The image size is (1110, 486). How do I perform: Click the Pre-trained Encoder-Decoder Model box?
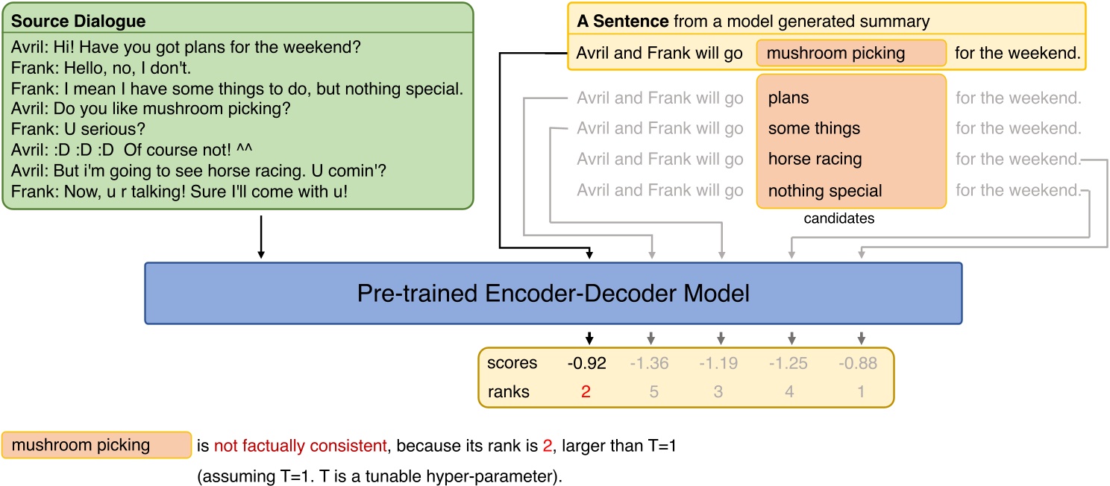coord(553,293)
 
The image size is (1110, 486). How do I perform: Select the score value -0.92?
coord(586,364)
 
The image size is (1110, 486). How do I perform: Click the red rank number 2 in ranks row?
coord(586,391)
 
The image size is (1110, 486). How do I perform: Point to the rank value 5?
coord(653,391)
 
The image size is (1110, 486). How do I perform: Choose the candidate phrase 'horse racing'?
coord(815,160)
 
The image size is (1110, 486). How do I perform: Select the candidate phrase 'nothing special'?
coord(824,191)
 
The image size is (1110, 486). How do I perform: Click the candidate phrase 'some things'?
coord(814,128)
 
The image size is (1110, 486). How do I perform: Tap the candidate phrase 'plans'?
coord(788,98)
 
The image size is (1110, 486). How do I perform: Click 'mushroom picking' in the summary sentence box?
coord(835,54)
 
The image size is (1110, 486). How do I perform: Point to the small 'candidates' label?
coord(838,219)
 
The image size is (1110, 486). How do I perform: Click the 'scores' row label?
coord(512,364)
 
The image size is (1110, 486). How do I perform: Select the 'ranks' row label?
coord(508,391)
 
